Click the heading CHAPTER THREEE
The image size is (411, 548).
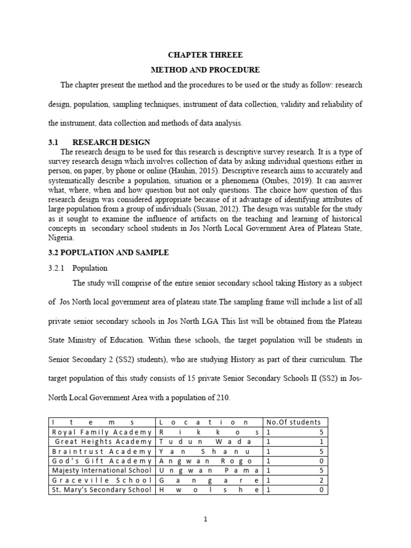pos(205,55)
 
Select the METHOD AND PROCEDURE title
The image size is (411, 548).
pos(205,70)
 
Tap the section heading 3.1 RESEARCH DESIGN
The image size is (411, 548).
pos(99,142)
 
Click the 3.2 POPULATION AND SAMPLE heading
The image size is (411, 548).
pos(109,253)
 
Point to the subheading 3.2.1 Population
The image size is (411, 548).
pos(78,268)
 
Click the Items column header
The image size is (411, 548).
pos(102,422)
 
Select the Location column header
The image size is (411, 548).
pos(209,422)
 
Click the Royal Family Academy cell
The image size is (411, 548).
pos(102,432)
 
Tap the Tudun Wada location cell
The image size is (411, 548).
pos(209,442)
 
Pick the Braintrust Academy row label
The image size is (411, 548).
pos(102,451)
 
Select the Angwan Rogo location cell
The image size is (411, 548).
pos(209,461)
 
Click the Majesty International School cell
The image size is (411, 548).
pos(102,470)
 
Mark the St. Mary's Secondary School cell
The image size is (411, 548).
pos(102,490)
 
